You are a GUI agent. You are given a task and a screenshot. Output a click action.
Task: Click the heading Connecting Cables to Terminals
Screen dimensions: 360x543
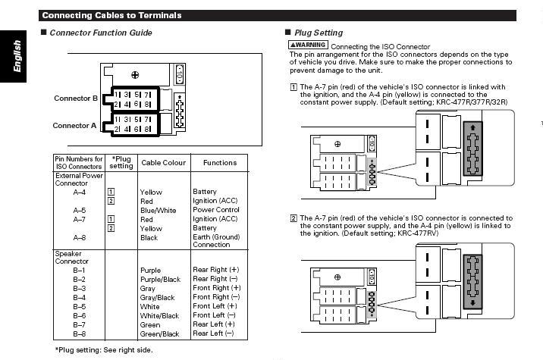point(111,14)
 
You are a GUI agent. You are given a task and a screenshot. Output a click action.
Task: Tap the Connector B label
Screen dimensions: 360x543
point(76,99)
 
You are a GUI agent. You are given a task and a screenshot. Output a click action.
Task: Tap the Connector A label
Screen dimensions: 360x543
point(76,126)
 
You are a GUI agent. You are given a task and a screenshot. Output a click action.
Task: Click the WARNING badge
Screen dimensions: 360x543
point(308,46)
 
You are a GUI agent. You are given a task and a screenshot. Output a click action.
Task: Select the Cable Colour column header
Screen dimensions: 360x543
point(162,162)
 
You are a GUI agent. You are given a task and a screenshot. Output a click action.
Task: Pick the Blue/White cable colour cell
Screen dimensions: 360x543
point(158,210)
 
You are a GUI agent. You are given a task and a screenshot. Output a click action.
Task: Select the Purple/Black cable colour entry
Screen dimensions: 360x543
point(160,280)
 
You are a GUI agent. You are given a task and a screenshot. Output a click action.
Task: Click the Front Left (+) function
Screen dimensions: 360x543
point(215,306)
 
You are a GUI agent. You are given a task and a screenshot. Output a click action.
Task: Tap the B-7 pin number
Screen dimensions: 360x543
point(80,324)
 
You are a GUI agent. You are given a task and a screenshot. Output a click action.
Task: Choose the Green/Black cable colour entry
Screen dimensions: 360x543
point(159,333)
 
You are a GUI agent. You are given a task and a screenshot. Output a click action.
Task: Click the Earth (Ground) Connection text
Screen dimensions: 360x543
point(216,241)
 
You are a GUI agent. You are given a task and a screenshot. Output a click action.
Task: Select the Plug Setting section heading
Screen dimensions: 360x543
point(318,33)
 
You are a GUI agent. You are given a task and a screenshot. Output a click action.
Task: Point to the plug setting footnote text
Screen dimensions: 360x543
point(104,350)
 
